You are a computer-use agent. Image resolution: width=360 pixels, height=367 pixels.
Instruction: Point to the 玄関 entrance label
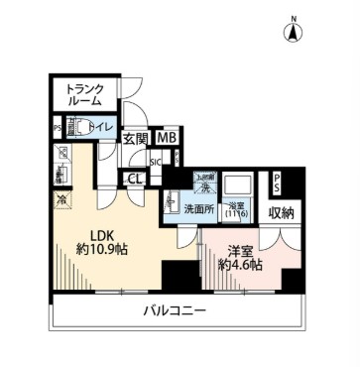click(x=136, y=139)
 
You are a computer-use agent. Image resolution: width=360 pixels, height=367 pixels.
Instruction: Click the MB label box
click(x=167, y=139)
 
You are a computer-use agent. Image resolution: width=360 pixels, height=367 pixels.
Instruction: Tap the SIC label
click(x=155, y=162)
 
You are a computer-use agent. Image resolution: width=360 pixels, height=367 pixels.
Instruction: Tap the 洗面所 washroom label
click(x=199, y=208)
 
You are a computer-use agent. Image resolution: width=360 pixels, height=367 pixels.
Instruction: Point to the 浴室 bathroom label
click(x=238, y=205)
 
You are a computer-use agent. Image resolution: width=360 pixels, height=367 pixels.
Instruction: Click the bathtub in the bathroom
click(x=239, y=185)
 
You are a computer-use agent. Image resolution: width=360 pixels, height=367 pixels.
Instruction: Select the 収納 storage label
click(x=282, y=212)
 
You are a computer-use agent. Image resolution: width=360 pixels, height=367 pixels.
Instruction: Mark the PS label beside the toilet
click(x=58, y=128)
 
